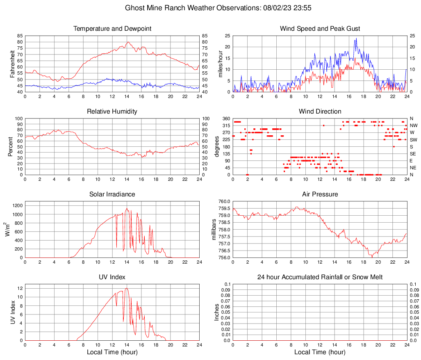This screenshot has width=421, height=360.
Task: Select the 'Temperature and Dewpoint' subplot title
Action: [x=112, y=29]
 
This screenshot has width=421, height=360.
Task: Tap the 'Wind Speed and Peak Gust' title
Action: [x=320, y=29]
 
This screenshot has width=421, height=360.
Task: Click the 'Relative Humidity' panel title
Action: [x=112, y=112]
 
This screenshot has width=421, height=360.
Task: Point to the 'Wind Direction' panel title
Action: [x=320, y=112]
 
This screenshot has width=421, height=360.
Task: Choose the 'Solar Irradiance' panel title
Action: [x=112, y=194]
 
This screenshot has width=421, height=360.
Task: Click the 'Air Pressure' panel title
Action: [x=320, y=194]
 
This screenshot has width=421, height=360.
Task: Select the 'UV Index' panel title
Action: [x=112, y=277]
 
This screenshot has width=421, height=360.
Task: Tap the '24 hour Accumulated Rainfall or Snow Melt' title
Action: [x=320, y=277]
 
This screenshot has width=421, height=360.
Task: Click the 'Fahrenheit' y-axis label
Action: [x=12, y=64]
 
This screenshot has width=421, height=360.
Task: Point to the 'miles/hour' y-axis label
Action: [x=220, y=64]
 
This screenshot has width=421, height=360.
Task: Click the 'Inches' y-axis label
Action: [x=217, y=312]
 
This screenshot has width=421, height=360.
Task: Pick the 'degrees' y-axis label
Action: [x=217, y=146]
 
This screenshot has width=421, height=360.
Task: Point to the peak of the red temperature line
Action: [x=128, y=42]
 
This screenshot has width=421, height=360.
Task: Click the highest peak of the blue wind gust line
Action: [x=356, y=39]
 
